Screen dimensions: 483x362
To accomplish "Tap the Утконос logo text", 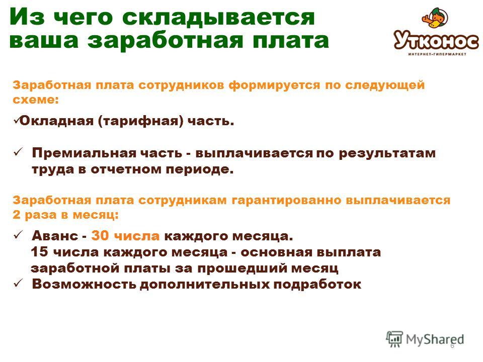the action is point(436,40).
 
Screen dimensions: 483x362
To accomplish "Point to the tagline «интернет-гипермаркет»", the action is point(437,54).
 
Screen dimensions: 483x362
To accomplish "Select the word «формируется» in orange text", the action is point(274,85).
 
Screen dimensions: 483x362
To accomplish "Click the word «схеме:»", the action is point(36,100).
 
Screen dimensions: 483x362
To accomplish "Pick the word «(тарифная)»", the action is point(141,121).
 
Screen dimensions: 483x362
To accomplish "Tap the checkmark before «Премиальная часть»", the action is point(18,152).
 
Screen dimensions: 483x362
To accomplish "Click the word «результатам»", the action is point(387,154).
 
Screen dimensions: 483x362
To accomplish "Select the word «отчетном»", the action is point(126,169).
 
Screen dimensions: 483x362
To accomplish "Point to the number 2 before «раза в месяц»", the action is point(16,214).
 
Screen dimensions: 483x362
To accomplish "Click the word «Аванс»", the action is point(55,236).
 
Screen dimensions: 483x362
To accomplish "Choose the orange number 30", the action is point(100,236).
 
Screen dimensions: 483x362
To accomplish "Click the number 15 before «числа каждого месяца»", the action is point(39,252).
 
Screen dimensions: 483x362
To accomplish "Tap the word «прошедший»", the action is point(242,268).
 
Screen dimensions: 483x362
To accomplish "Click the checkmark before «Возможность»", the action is point(18,283).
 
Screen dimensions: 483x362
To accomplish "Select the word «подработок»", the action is point(317,285).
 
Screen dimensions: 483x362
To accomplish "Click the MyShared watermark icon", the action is point(394,339).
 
